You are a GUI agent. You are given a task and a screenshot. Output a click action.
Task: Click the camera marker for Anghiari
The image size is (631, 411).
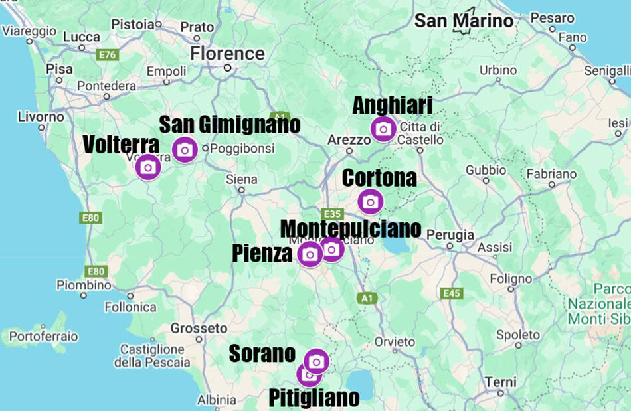click(x=383, y=129)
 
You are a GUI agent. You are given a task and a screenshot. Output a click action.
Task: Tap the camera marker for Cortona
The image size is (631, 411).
click(x=370, y=201)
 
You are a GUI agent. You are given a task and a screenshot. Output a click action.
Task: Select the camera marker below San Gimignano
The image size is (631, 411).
click(x=185, y=150)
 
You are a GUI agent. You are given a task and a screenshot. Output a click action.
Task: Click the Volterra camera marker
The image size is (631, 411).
click(x=147, y=167)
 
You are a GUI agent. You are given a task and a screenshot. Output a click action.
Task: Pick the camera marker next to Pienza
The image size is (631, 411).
click(x=310, y=254)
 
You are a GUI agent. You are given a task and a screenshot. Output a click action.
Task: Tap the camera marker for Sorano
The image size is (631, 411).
click(x=317, y=361)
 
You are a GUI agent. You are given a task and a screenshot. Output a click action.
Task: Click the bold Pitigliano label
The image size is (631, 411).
click(x=314, y=398)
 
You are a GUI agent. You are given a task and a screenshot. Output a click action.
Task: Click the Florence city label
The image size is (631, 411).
click(x=227, y=53)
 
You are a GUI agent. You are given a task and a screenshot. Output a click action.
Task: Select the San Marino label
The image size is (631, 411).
click(x=464, y=21)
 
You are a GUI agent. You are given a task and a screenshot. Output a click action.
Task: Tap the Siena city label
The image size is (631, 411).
click(x=241, y=179)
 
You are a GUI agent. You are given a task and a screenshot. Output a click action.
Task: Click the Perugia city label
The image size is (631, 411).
click(x=451, y=235)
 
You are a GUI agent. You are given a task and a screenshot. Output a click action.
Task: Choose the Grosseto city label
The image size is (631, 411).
click(x=199, y=328)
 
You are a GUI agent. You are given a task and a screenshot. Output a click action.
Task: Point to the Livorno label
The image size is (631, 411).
click(x=41, y=117)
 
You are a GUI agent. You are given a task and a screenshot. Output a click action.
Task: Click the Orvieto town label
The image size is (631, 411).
click(x=394, y=341)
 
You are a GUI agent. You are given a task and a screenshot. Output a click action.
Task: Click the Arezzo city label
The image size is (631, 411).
click(x=349, y=140)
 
